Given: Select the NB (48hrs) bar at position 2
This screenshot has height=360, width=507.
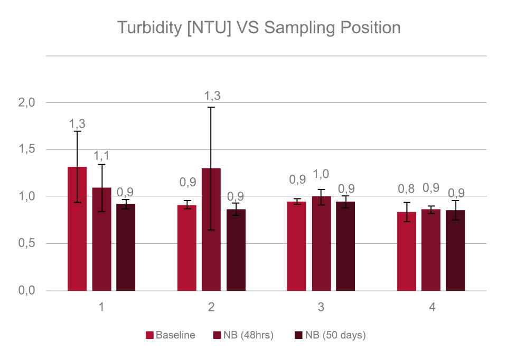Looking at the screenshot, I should [x=211, y=230].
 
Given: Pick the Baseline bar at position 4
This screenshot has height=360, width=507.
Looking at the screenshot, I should [x=407, y=251].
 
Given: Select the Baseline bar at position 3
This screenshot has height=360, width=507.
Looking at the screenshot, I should [x=296, y=246].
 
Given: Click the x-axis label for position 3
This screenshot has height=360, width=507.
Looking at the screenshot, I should [x=321, y=307].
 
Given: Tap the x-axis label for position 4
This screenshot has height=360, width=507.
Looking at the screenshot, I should [x=431, y=307].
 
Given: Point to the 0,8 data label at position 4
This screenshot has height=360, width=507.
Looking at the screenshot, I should [x=407, y=188].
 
